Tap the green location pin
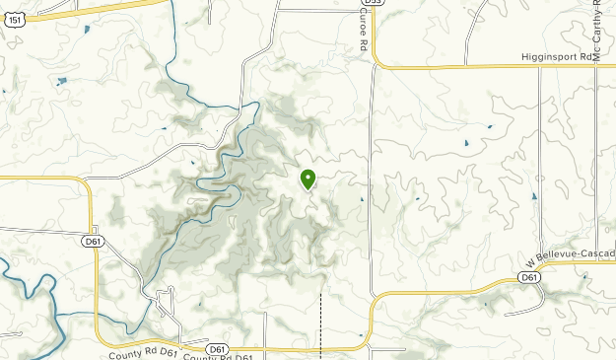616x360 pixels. tap(308, 179)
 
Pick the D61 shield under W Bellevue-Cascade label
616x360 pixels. tap(530, 278)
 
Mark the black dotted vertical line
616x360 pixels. tap(321, 316)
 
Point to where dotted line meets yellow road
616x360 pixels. tap(321, 346)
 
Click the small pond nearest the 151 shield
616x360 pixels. tap(87, 29)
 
